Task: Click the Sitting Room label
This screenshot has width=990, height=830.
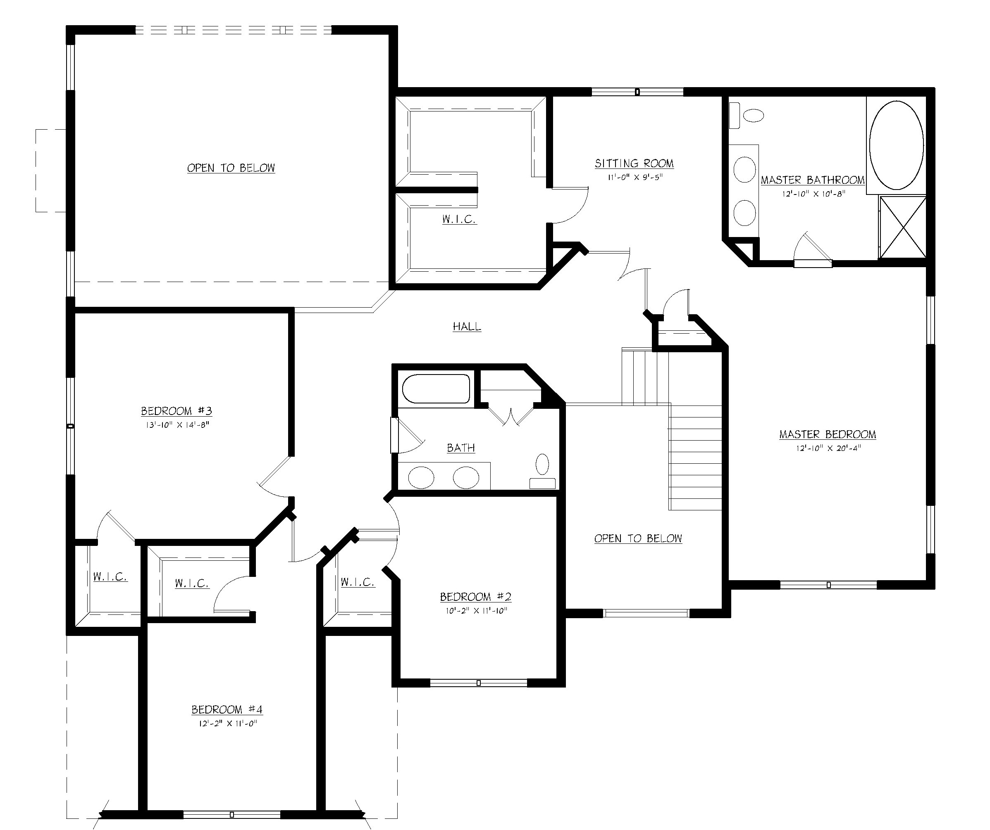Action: (x=634, y=164)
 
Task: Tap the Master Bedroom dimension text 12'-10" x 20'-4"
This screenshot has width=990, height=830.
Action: (x=828, y=448)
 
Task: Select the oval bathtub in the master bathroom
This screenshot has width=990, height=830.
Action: (x=896, y=145)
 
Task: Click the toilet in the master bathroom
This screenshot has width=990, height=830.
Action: (x=747, y=115)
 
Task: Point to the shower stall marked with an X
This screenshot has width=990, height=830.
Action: (x=903, y=228)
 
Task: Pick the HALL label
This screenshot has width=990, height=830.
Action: (x=467, y=327)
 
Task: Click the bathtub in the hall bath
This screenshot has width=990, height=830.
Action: (x=436, y=389)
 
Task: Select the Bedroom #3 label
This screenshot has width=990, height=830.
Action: (x=177, y=411)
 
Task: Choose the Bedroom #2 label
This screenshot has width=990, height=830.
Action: (x=475, y=597)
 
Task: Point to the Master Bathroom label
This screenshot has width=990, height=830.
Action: (x=813, y=180)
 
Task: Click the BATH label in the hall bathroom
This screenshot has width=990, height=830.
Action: (x=460, y=448)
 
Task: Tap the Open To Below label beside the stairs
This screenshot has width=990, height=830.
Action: (x=638, y=538)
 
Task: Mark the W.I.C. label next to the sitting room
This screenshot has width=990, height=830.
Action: (x=459, y=219)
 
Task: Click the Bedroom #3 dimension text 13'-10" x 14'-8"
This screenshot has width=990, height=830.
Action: (x=177, y=424)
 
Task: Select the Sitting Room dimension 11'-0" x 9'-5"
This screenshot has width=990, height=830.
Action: (x=635, y=177)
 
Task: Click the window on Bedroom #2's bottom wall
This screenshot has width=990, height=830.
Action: (x=478, y=683)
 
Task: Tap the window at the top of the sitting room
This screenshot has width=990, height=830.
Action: (x=637, y=92)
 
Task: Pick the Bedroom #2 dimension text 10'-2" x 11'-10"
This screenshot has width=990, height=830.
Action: (x=476, y=610)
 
